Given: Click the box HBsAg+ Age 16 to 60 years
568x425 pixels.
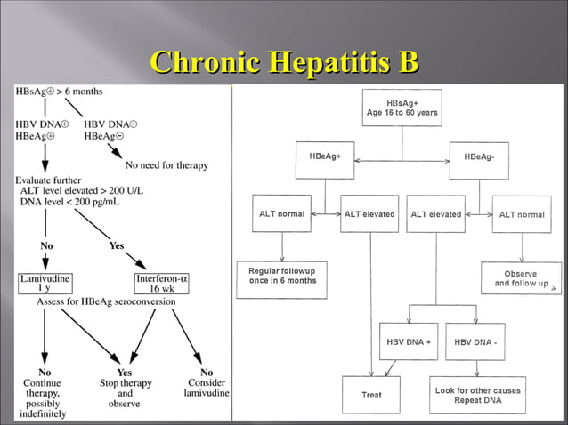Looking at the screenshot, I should (401, 108).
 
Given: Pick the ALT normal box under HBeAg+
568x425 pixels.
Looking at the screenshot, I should (281, 214).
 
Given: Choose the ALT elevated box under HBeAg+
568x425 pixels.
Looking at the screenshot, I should (369, 214).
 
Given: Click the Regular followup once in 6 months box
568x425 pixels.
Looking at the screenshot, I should (282, 275).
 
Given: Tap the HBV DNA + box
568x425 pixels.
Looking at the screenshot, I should (408, 341).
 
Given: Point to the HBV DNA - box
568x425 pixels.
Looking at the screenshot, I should (475, 341).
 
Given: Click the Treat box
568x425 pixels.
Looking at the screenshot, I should (371, 394).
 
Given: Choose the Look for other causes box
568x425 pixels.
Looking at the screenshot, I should (477, 395).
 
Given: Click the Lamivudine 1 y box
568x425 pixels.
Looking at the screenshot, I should (44, 283).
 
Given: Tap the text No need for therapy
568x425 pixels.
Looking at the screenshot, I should (166, 164).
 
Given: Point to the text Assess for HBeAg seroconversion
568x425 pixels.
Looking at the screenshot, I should (106, 301).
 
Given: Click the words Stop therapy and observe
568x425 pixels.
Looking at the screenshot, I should (125, 388).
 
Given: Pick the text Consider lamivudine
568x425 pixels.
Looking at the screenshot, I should (207, 388).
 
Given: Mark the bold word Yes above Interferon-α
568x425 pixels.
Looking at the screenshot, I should (117, 245).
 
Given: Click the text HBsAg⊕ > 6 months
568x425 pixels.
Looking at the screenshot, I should (59, 92).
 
